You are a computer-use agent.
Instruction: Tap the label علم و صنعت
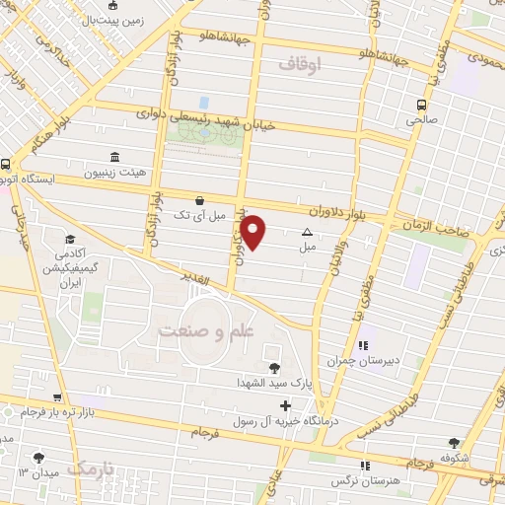[206, 333]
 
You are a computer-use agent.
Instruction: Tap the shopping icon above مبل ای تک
[200, 198]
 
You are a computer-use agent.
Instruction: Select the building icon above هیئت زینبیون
[115, 157]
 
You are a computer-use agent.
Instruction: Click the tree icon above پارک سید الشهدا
[273, 368]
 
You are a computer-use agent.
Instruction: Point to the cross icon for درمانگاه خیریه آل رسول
[286, 405]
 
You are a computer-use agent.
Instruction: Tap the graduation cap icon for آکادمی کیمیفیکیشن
[70, 239]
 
